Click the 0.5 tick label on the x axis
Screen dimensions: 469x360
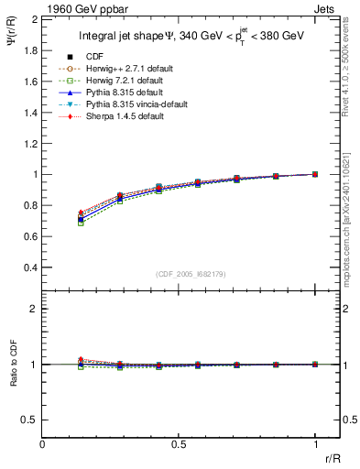[x=179, y=445]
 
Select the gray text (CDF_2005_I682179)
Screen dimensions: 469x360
[x=179, y=273]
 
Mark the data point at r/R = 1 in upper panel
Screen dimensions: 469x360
[x=315, y=174]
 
